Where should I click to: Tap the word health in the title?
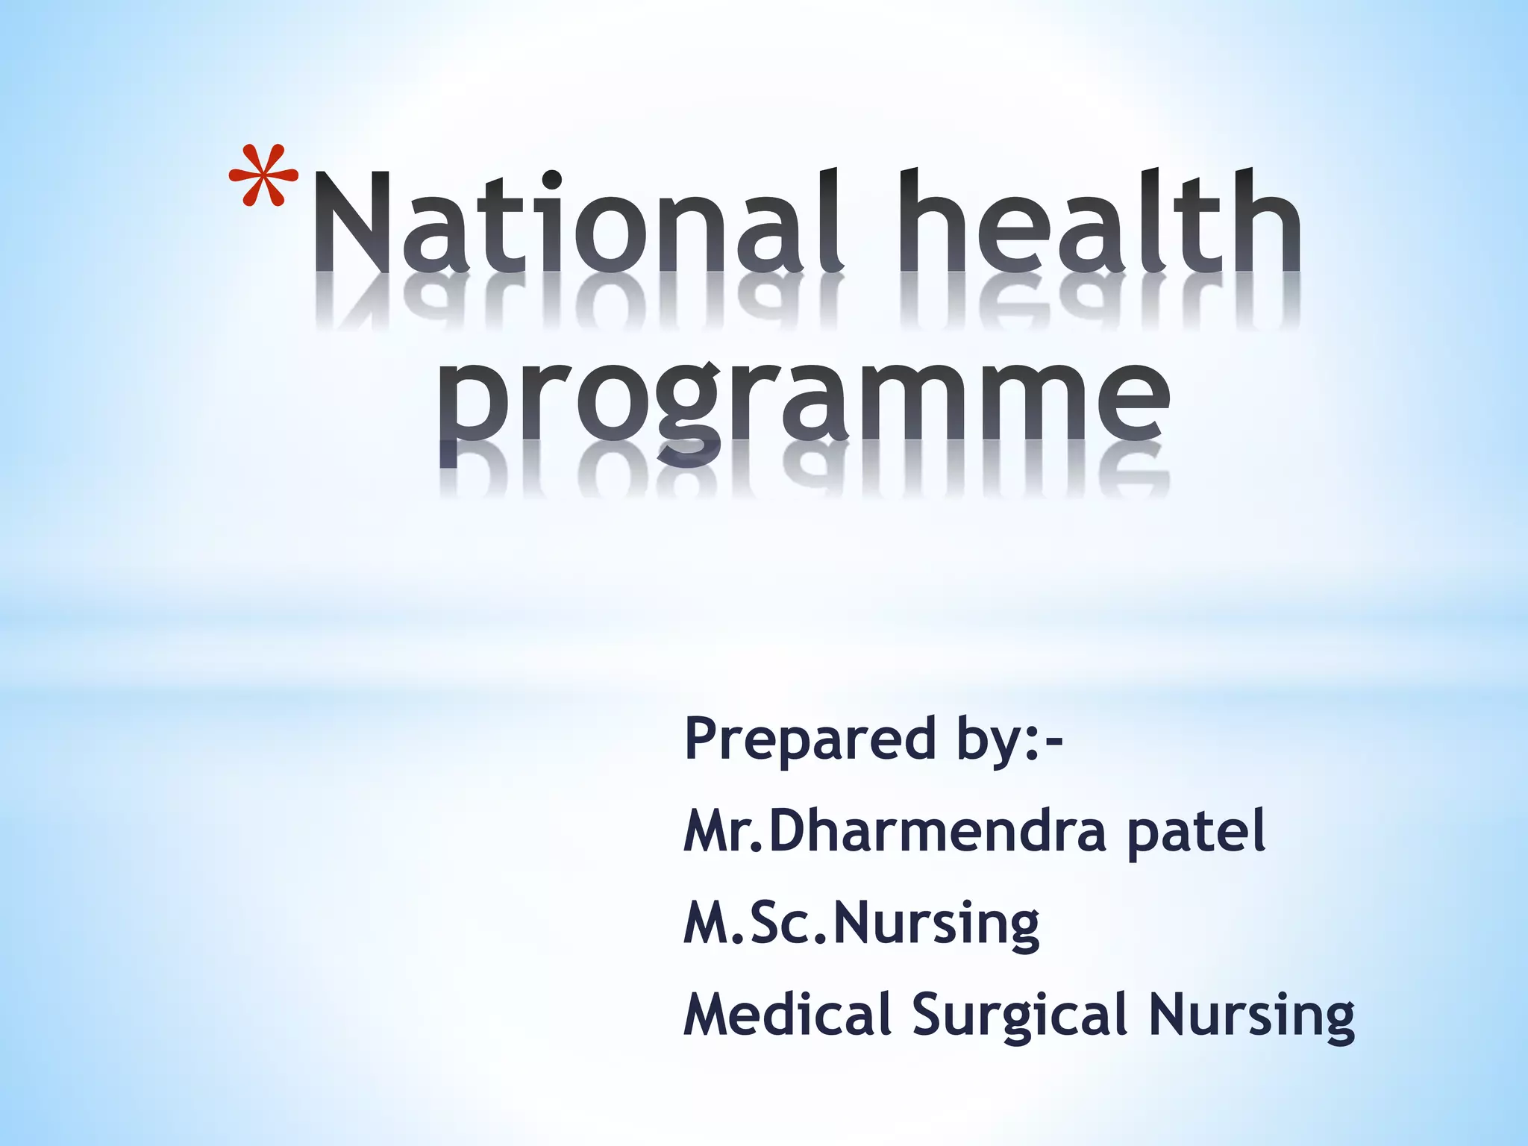click(x=1100, y=222)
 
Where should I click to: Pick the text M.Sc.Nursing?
click(x=862, y=924)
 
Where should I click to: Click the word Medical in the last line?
click(x=788, y=1015)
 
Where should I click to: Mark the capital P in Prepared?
click(x=704, y=738)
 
